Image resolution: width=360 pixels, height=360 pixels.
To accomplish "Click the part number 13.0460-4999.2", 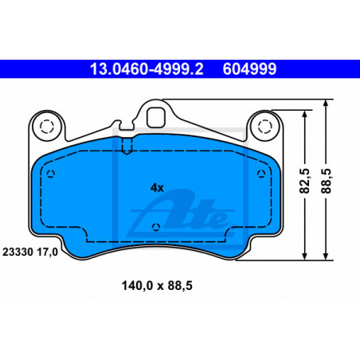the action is [x=147, y=69].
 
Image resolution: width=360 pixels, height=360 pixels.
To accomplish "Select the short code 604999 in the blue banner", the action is [x=249, y=69].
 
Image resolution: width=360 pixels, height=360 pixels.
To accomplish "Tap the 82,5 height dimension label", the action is [x=304, y=181].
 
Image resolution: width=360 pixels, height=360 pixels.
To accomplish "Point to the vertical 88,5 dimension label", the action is [x=326, y=181].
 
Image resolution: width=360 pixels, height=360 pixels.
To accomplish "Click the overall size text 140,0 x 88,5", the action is [x=157, y=286].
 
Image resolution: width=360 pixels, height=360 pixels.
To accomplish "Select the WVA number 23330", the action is [x=18, y=252].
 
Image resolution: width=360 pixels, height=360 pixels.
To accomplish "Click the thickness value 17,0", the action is [x=47, y=252].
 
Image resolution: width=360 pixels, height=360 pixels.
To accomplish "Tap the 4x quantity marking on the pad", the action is [x=157, y=188].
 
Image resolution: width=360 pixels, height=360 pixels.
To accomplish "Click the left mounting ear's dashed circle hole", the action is [x=47, y=127].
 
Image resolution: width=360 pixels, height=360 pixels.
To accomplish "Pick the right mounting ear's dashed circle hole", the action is [x=265, y=127].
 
